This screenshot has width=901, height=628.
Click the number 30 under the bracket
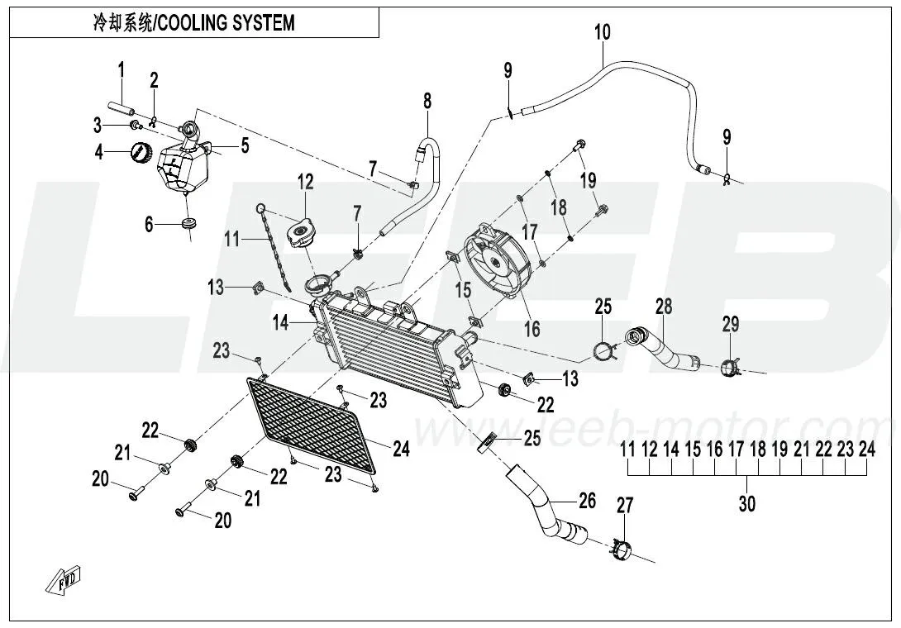(x=746, y=503)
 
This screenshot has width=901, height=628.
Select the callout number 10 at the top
(x=602, y=32)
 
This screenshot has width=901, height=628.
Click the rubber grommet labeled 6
(x=191, y=223)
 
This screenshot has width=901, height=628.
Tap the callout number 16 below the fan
(x=532, y=329)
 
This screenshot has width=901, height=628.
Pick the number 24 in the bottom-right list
(x=865, y=450)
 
